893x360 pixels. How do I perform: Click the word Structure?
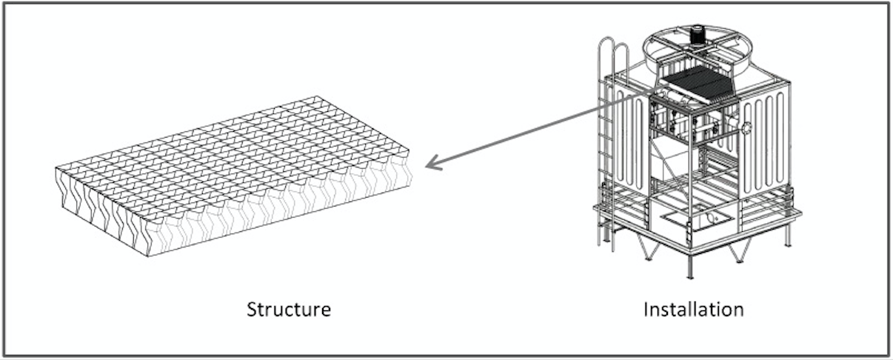[x=289, y=310]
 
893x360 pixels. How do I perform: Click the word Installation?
[x=694, y=310]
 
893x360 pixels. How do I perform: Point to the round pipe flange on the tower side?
[x=746, y=127]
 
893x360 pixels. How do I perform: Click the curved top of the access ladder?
[x=613, y=48]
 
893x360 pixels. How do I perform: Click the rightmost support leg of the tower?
[x=787, y=236]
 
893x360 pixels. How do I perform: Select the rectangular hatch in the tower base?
[x=698, y=220]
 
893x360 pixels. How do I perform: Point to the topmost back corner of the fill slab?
[x=317, y=96]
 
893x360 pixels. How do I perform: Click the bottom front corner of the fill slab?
[x=148, y=256]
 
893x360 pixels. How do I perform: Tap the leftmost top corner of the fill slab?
[x=56, y=168]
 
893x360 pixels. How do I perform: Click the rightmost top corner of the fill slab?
[x=409, y=150]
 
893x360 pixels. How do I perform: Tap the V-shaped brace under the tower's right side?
[x=740, y=251]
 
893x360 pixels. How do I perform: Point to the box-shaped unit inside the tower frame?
[x=674, y=159]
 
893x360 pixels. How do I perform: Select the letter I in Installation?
[x=646, y=310]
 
